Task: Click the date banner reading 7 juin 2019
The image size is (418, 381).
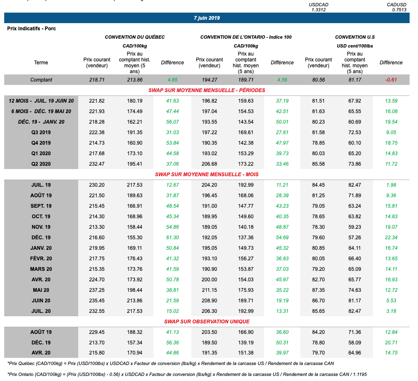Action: (x=207, y=18)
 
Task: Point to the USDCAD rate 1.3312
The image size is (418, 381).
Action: (x=318, y=10)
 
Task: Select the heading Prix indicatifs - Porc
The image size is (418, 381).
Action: (x=32, y=29)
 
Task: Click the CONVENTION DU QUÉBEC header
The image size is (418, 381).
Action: (x=135, y=37)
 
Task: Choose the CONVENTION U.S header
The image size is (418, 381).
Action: (x=355, y=37)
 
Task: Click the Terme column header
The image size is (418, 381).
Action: (x=41, y=63)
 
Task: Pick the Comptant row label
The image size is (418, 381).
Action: (x=41, y=80)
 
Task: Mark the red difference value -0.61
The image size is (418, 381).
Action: (x=391, y=80)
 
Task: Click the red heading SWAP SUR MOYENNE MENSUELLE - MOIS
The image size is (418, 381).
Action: (x=206, y=174)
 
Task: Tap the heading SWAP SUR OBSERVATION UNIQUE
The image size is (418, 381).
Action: (x=206, y=321)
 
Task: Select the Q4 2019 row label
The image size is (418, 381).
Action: (x=41, y=143)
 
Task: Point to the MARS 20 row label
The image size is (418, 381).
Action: (x=41, y=269)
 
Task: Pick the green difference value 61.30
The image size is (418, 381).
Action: (x=172, y=238)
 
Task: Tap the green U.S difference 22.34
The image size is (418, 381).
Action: (x=391, y=238)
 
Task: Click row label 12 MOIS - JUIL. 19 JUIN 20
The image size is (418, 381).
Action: (x=41, y=101)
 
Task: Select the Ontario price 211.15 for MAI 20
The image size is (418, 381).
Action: (x=209, y=290)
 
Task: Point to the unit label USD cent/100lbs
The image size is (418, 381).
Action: (x=355, y=46)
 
